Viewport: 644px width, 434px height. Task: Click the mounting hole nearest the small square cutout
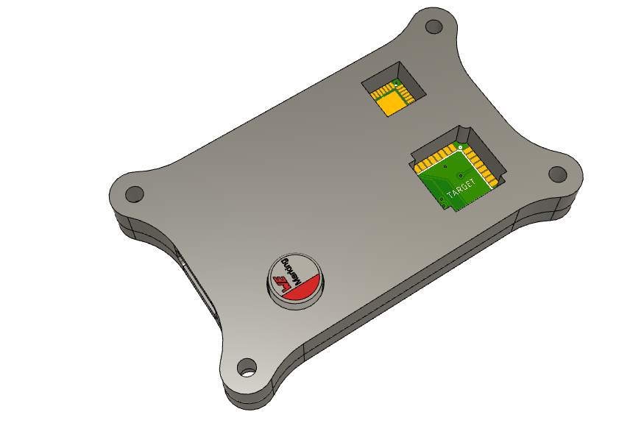tap(434, 27)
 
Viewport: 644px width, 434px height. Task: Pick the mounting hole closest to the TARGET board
tap(557, 175)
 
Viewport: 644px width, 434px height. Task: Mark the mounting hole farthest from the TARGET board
tap(134, 194)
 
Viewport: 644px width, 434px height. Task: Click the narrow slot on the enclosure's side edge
tap(197, 288)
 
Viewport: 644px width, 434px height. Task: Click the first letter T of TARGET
tap(449, 197)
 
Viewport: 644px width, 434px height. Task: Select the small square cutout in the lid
tap(394, 90)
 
